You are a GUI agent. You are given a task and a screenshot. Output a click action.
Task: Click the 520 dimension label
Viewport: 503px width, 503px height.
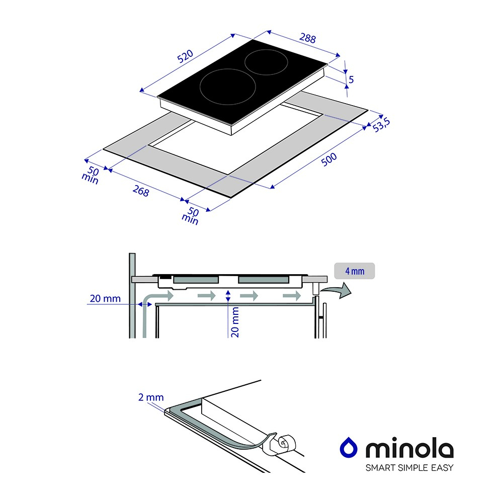pyautogui.click(x=185, y=56)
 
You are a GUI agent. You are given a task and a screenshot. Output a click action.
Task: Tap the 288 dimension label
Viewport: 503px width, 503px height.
pyautogui.click(x=308, y=38)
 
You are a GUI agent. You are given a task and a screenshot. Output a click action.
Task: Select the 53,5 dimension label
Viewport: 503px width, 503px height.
pyautogui.click(x=381, y=125)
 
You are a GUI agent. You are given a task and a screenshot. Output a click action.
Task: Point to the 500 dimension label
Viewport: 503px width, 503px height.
pyautogui.click(x=329, y=159)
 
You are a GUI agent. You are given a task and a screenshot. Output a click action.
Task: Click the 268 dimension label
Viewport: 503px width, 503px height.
pyautogui.click(x=141, y=191)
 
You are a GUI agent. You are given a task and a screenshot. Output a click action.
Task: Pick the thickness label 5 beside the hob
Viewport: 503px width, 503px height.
pyautogui.click(x=351, y=79)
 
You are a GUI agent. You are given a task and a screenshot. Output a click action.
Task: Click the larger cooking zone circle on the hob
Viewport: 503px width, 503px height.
pyautogui.click(x=227, y=87)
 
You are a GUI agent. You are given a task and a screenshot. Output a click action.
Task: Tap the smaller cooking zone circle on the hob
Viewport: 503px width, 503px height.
pyautogui.click(x=266, y=62)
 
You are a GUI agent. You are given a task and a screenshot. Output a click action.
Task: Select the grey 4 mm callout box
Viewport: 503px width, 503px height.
pyautogui.click(x=355, y=271)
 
